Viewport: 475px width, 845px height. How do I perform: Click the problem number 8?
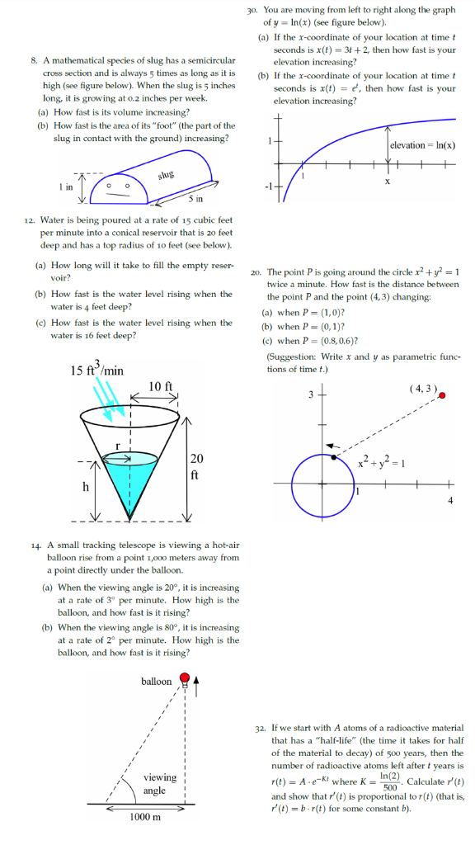(x=33, y=61)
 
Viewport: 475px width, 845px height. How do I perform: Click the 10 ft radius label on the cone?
(x=162, y=385)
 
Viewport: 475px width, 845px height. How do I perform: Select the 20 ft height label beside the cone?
(x=195, y=465)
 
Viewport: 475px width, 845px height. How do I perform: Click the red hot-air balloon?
(x=186, y=679)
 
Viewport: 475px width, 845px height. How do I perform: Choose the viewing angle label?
(x=159, y=783)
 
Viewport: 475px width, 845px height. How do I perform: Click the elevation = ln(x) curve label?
(x=422, y=145)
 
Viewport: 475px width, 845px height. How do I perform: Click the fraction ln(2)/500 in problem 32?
(x=379, y=781)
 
